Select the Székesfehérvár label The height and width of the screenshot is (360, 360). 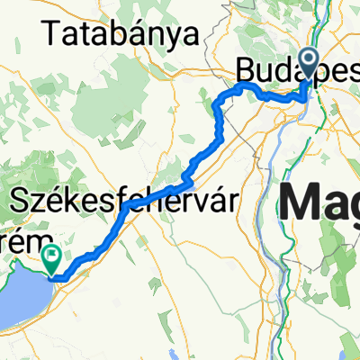[x=125, y=200]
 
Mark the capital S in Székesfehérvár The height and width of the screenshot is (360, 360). [x=16, y=200]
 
